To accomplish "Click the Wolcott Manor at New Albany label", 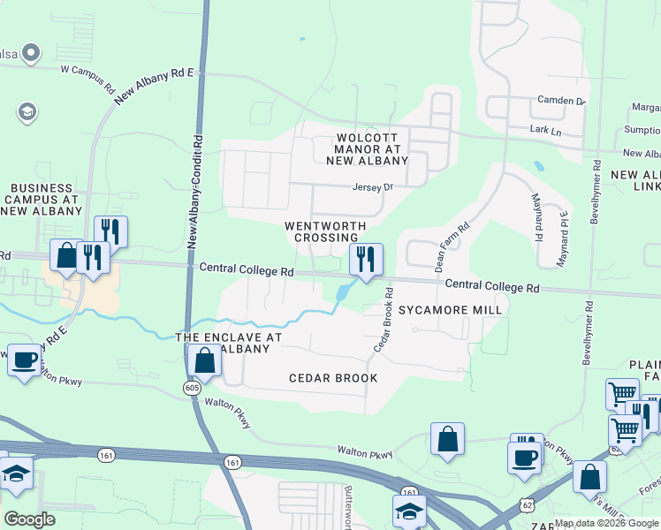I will click(x=372, y=149).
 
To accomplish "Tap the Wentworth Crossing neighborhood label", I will click(x=325, y=231).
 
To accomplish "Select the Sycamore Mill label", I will click(x=450, y=310).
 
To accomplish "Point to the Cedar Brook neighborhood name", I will click(x=333, y=378).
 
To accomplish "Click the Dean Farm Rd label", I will click(x=450, y=245).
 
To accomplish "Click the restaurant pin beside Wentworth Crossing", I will click(x=366, y=260).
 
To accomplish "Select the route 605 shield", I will click(x=193, y=388).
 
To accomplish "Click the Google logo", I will click(x=29, y=519).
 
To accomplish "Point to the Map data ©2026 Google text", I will click(x=606, y=523).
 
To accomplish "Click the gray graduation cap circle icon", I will click(x=26, y=112).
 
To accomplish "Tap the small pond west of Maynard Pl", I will click(x=538, y=165).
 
